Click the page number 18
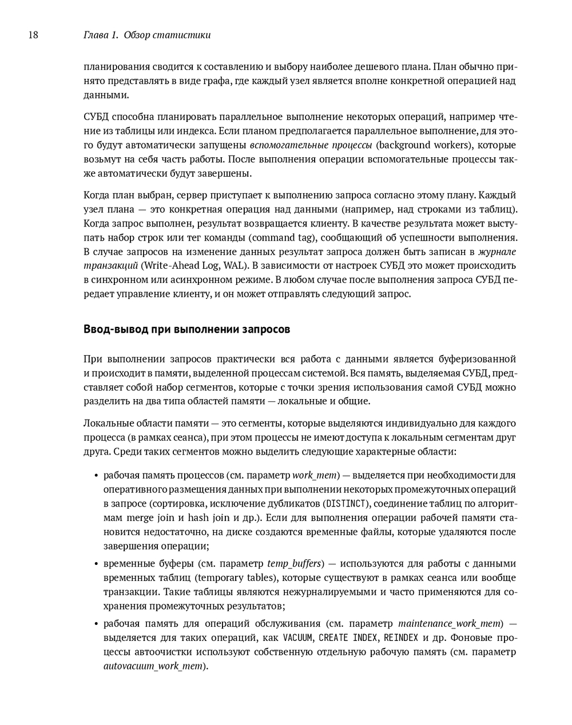click(x=33, y=35)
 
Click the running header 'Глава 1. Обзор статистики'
click(x=147, y=35)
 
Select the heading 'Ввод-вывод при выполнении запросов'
click(x=186, y=329)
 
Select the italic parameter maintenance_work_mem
click(x=450, y=623)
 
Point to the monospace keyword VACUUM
click(x=297, y=638)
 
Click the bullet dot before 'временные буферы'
click(x=96, y=564)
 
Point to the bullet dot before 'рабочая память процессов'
click(x=96, y=476)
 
